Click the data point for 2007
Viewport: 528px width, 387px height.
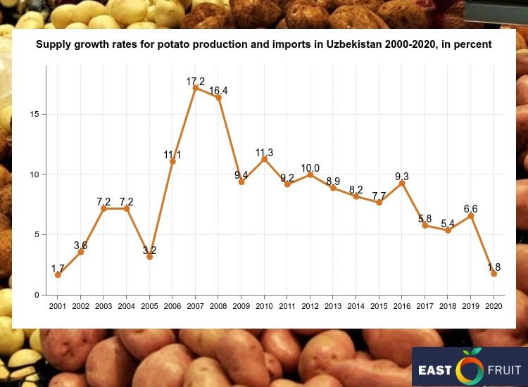[x=196, y=88]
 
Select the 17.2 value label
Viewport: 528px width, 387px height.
[x=196, y=82]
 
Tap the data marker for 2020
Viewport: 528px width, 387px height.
[x=494, y=274]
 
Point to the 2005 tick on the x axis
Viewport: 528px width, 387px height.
[x=149, y=306]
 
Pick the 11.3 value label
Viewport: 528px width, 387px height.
[x=264, y=153]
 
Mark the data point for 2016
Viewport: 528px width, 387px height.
[x=402, y=183]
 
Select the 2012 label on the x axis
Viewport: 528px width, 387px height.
[x=310, y=306]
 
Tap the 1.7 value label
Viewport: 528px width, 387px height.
[x=58, y=269]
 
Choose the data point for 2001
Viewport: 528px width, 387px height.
[x=58, y=275]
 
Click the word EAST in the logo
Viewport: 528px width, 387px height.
[x=436, y=369]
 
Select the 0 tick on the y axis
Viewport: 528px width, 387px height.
[x=42, y=295]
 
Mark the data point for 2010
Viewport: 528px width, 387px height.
[x=264, y=159]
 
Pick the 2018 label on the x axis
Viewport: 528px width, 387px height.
[x=448, y=306]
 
